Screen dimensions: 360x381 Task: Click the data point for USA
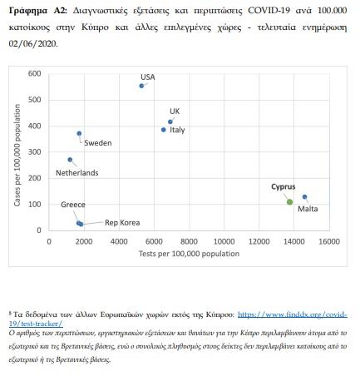141,86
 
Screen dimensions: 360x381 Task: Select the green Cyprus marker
289,202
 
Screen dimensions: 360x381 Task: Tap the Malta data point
304,197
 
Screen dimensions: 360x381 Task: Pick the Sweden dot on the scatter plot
79,133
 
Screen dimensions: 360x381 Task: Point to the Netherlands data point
70,160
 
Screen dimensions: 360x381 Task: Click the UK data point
170,121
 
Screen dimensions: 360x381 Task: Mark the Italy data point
164,130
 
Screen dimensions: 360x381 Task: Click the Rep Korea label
122,223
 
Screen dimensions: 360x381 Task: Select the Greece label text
73,205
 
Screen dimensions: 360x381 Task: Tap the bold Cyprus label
284,187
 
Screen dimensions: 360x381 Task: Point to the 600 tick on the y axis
34,73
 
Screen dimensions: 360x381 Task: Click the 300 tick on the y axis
34,152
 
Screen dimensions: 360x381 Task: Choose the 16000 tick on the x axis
329,241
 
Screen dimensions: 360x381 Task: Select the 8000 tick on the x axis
189,241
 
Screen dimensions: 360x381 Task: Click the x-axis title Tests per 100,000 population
189,254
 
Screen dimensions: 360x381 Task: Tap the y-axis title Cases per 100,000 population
17,155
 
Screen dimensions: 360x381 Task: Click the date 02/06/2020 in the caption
33,44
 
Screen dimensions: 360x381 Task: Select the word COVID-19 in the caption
269,11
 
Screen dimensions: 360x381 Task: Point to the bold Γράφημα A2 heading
38,11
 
